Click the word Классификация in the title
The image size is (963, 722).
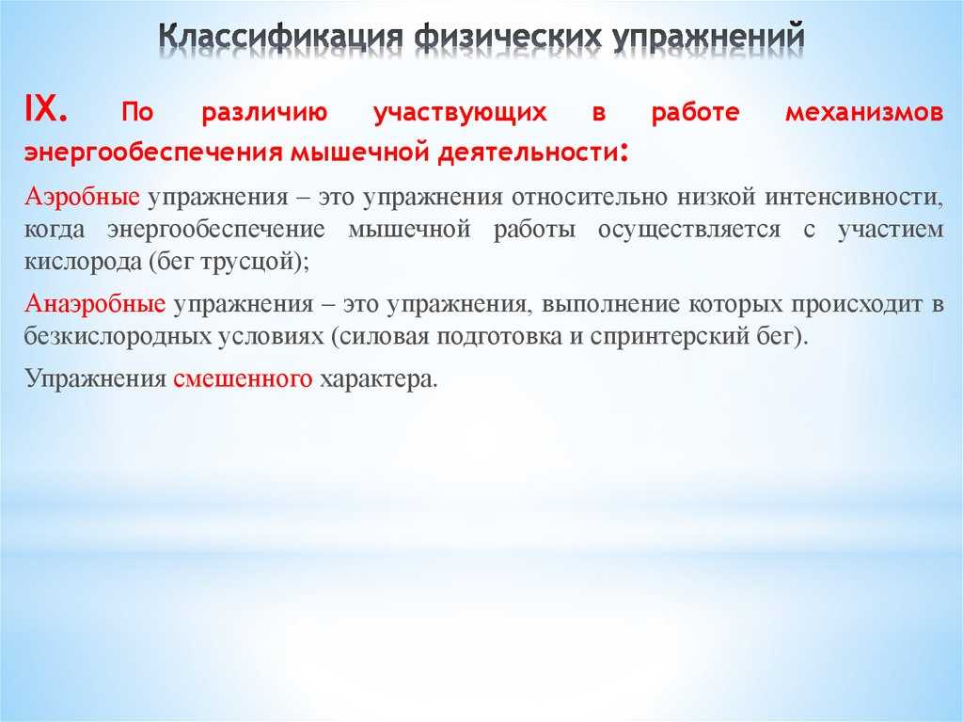(x=280, y=37)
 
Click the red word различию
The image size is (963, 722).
(x=264, y=113)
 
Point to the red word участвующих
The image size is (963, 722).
(x=460, y=114)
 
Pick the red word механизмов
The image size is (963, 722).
(x=864, y=113)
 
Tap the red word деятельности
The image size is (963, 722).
(x=527, y=152)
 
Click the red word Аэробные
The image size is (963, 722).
(x=82, y=197)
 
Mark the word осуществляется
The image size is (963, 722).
(x=689, y=230)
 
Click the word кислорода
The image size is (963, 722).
(x=83, y=262)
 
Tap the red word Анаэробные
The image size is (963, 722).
(x=95, y=304)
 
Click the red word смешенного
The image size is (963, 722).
(x=243, y=378)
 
